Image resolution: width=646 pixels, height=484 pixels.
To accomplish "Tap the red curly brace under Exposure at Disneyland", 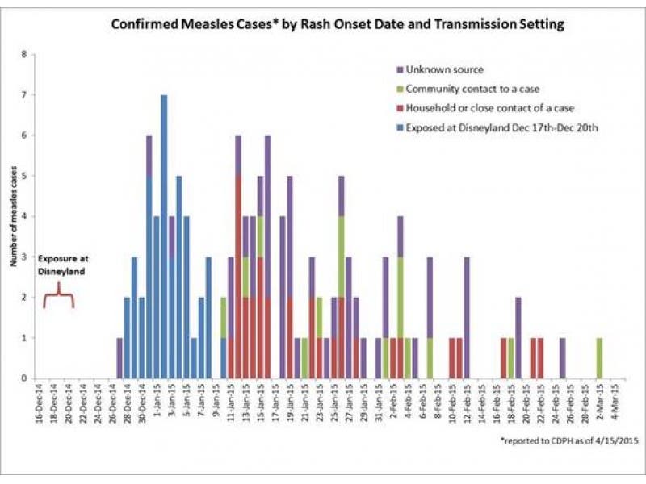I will (58, 300).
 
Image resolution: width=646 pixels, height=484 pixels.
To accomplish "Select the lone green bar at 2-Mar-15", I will (599, 358).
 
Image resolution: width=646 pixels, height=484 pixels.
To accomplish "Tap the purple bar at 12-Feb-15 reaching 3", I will (467, 318).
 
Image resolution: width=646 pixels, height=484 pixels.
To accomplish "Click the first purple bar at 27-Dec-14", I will (120, 358).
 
